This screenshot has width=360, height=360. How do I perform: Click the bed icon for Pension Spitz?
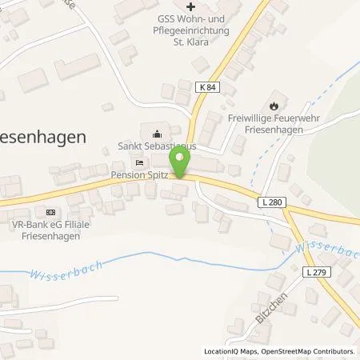pyautogui.click(x=140, y=162)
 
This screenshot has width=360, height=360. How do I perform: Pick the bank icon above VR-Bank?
pyautogui.click(x=51, y=212)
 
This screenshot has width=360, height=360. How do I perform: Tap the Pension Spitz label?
pyautogui.click(x=139, y=174)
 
